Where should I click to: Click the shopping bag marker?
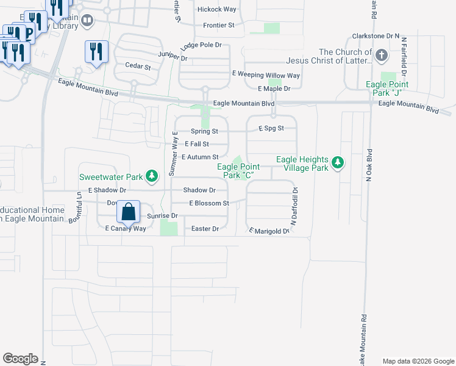pos(129,212)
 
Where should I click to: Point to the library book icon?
pos(88,23)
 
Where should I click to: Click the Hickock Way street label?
pos(216,10)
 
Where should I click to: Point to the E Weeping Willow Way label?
pos(266,75)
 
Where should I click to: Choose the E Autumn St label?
pos(200,157)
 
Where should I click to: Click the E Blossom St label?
pos(208,203)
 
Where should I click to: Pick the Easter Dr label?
pos(205,229)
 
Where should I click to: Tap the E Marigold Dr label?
pos(268,231)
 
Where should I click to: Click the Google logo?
pos(20,359)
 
